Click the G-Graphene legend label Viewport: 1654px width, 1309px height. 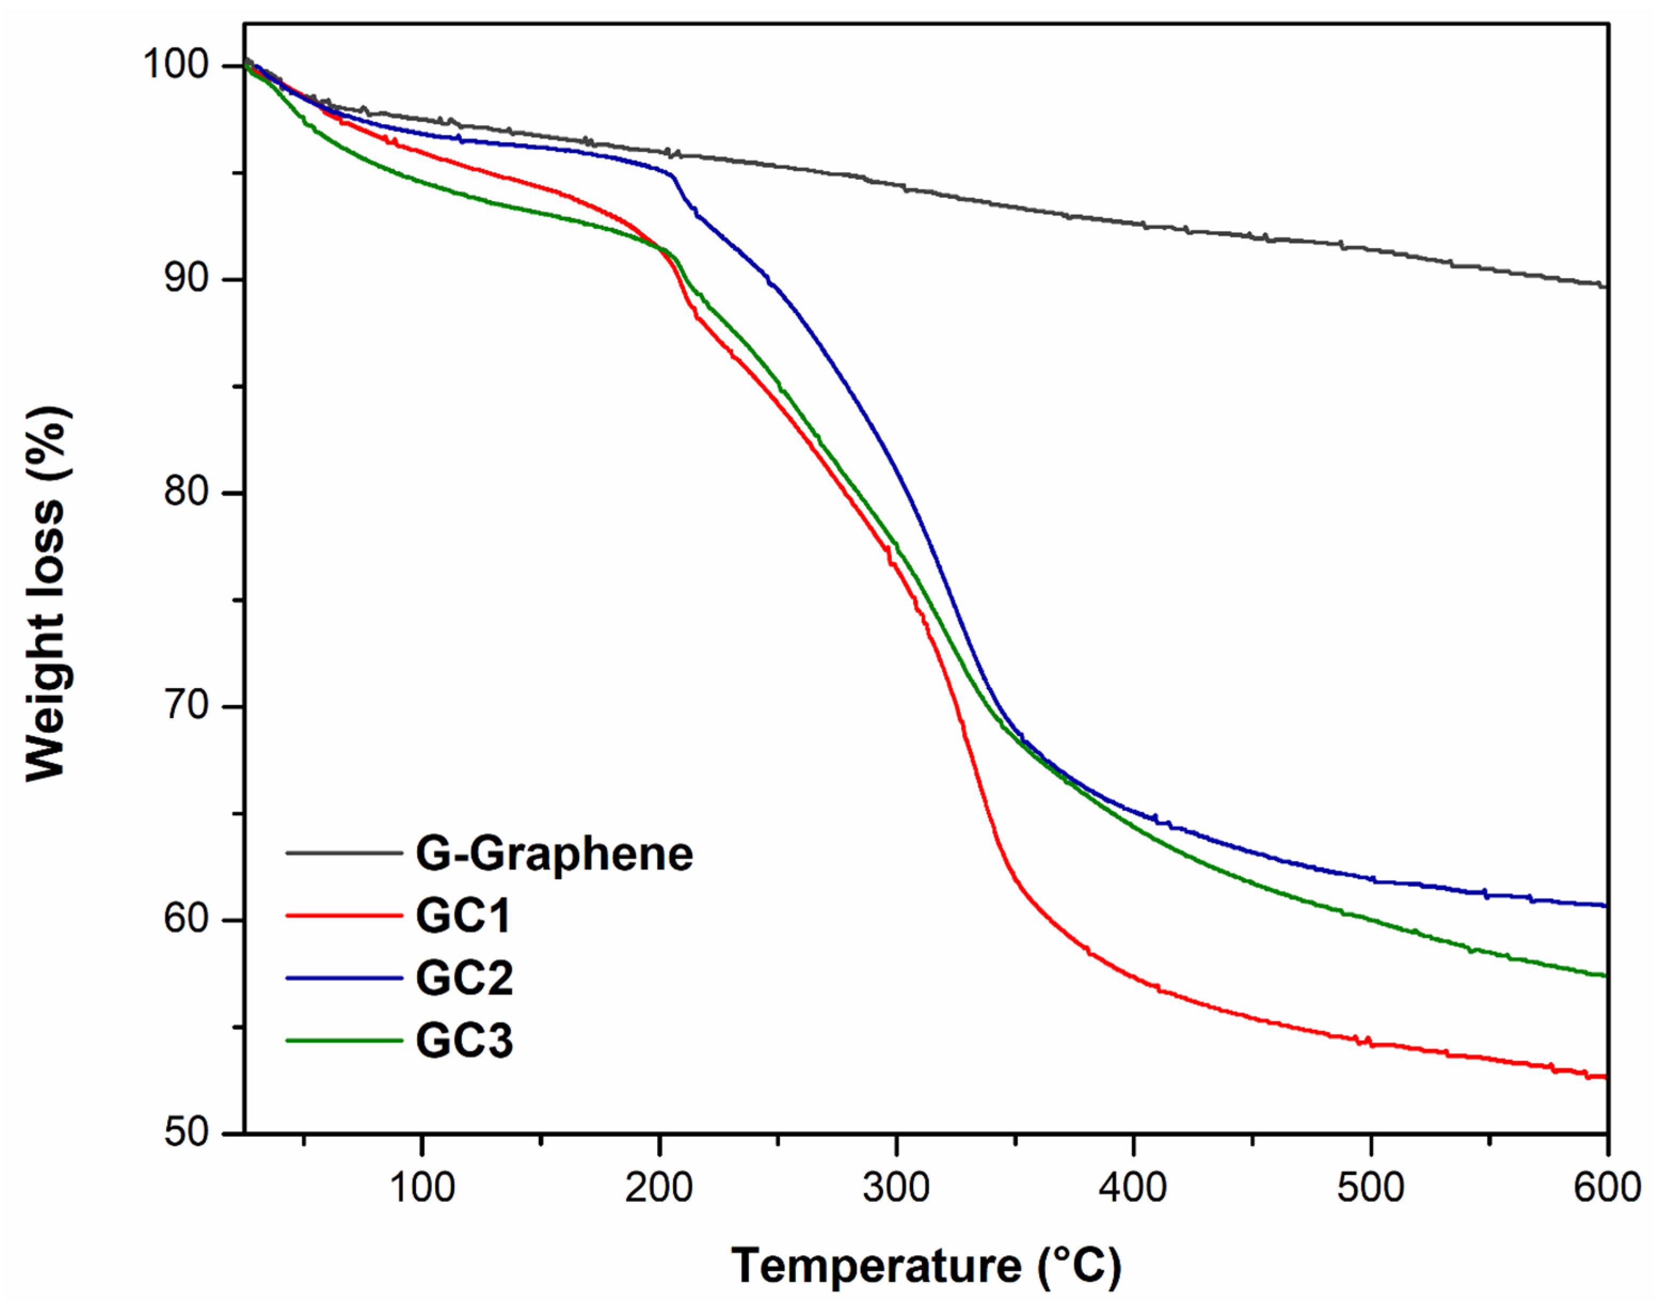tap(554, 855)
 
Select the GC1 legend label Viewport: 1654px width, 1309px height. tap(463, 916)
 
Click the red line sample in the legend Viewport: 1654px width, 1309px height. tap(344, 916)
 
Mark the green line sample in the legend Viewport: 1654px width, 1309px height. tap(344, 1041)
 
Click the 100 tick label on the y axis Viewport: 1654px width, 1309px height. tap(177, 65)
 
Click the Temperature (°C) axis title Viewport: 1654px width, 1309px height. tap(926, 1266)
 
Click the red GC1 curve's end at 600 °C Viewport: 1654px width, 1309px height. tap(1605, 1077)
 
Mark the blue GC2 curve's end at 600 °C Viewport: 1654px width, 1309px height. tap(1605, 906)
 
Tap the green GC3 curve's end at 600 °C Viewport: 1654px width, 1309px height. tap(1605, 976)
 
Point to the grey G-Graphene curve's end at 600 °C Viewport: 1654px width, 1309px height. tap(1605, 286)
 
